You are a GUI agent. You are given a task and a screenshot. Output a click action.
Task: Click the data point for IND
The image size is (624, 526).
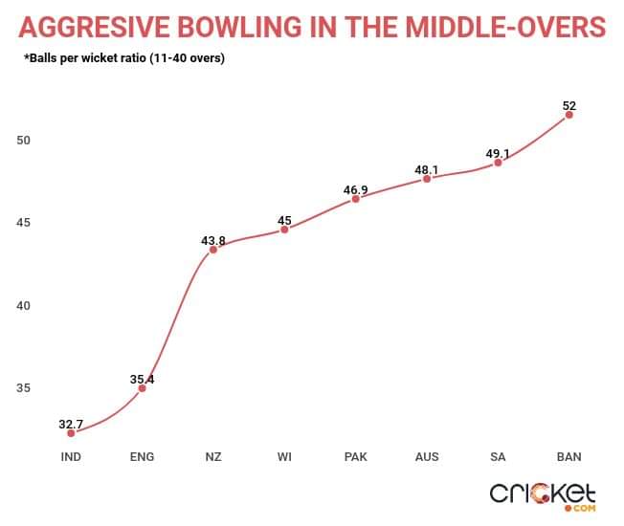(x=71, y=433)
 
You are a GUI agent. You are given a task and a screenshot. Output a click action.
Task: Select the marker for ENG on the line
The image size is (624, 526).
(x=142, y=388)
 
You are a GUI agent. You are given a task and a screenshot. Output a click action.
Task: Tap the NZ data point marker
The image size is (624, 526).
(x=213, y=250)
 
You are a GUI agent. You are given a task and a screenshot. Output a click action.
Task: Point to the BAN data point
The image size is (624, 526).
(x=569, y=115)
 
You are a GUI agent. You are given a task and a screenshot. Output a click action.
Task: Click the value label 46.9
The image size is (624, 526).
(x=355, y=191)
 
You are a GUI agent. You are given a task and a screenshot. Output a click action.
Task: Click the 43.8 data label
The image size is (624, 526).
(x=213, y=241)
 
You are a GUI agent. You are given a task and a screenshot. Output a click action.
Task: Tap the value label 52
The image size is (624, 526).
(x=569, y=106)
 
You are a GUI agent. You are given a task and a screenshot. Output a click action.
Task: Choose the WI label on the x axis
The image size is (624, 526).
(x=284, y=457)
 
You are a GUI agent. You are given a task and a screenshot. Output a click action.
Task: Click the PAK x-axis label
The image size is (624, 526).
(x=355, y=457)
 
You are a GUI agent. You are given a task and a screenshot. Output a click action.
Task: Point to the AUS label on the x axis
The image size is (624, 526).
(x=427, y=457)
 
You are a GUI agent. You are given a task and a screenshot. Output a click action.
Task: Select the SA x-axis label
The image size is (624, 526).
(x=498, y=457)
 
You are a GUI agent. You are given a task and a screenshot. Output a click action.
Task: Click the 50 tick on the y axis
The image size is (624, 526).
(x=24, y=141)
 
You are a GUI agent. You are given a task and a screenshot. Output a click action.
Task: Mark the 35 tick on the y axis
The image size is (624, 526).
(x=24, y=388)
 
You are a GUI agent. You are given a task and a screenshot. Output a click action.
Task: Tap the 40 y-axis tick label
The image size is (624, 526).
(x=24, y=306)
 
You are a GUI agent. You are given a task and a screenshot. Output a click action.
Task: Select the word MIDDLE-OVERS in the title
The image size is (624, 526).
(x=501, y=26)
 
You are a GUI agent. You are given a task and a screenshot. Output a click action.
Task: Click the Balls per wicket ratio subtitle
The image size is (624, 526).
(x=130, y=59)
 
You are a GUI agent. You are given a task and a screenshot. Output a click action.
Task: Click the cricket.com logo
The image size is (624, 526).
(x=543, y=494)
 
